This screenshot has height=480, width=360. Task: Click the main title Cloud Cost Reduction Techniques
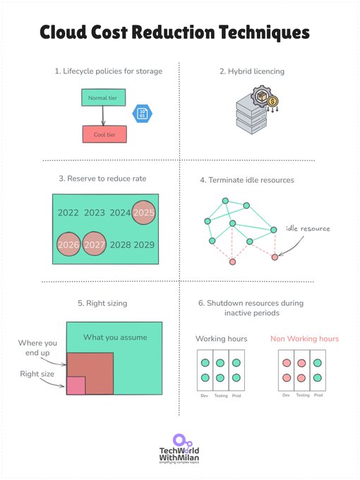(174, 32)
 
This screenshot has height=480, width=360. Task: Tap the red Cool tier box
(104, 134)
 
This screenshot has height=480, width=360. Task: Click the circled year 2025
(144, 212)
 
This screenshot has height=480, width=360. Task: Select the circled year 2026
(68, 244)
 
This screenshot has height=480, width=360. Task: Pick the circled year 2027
(94, 244)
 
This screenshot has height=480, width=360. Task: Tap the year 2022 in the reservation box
(68, 212)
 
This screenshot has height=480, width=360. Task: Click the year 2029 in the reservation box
(144, 244)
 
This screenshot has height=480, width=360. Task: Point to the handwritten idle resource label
(307, 229)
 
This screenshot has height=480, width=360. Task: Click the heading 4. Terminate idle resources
(246, 180)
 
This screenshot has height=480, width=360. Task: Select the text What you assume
(115, 337)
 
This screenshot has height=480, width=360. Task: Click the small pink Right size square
(76, 385)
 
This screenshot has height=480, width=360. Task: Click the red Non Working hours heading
(304, 339)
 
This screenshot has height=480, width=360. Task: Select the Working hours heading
(221, 339)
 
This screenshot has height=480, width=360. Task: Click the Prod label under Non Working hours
(318, 395)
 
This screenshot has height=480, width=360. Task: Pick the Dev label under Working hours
(204, 396)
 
